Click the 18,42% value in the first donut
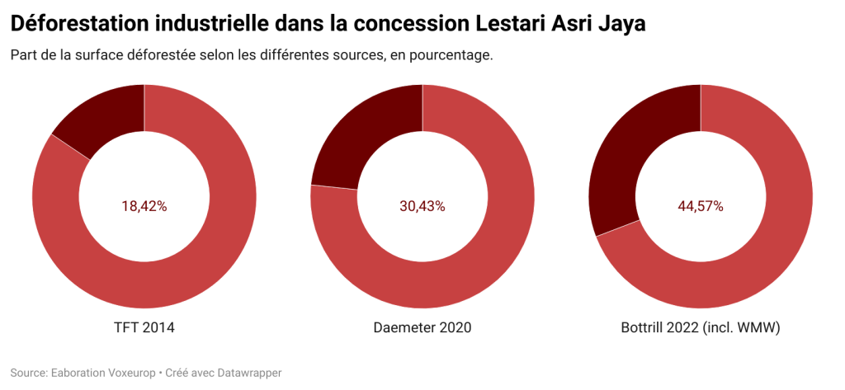[144, 206]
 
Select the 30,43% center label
[422, 206]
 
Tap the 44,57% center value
[701, 206]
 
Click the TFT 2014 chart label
[144, 327]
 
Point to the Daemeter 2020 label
[422, 327]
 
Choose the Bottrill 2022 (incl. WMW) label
[701, 327]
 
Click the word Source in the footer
[29, 373]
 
